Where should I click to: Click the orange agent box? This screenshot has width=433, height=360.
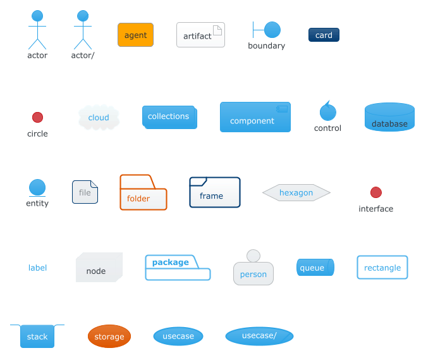click(135, 35)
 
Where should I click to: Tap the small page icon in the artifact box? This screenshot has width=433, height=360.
click(217, 30)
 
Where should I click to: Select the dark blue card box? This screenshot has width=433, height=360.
click(324, 35)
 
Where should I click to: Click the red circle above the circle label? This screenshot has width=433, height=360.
click(37, 117)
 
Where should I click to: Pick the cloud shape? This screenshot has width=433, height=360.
click(99, 118)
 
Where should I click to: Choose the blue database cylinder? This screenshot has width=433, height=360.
click(389, 117)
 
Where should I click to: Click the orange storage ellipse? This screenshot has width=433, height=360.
click(109, 336)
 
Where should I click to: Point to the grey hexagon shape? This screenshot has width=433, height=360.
click(296, 192)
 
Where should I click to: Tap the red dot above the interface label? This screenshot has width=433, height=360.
click(376, 192)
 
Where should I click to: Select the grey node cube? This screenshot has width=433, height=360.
click(99, 267)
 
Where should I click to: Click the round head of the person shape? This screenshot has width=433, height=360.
click(253, 256)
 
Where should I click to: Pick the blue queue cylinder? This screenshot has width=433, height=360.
click(315, 268)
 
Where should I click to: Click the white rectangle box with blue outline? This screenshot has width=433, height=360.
click(382, 268)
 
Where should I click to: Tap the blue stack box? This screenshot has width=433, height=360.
click(37, 336)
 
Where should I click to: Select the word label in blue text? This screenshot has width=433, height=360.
click(37, 268)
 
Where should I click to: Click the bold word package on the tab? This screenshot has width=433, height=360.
click(171, 262)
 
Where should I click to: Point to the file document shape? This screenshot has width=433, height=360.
click(85, 192)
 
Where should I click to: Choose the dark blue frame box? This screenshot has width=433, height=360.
click(215, 192)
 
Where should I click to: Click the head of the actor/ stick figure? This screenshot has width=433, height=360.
click(83, 16)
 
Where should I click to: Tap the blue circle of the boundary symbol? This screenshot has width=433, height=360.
click(272, 30)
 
